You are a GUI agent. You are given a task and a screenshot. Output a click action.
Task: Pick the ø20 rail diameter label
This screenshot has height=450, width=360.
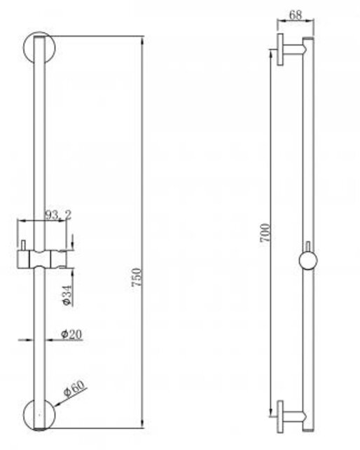[x=71, y=334]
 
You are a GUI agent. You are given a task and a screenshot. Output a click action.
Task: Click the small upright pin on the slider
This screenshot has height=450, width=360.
[x=23, y=245]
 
